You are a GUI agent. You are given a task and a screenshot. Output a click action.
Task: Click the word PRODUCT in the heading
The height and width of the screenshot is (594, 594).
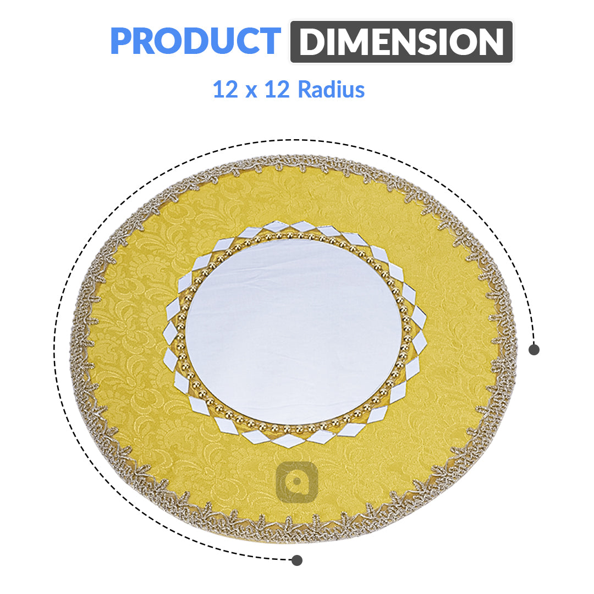click(x=195, y=41)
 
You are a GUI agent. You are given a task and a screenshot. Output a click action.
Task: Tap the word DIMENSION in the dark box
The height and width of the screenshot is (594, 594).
click(x=401, y=42)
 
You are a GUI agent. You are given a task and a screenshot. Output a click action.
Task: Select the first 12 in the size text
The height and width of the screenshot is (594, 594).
click(x=224, y=89)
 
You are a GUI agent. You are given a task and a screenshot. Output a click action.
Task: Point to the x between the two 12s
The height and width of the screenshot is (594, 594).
click(x=251, y=91)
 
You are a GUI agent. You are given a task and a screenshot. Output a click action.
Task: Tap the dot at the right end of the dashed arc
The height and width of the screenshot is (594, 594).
click(x=533, y=349)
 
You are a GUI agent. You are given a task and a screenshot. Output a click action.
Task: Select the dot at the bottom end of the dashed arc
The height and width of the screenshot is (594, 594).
click(x=297, y=560)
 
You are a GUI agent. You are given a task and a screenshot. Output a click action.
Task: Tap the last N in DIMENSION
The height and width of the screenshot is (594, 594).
click(x=489, y=42)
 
